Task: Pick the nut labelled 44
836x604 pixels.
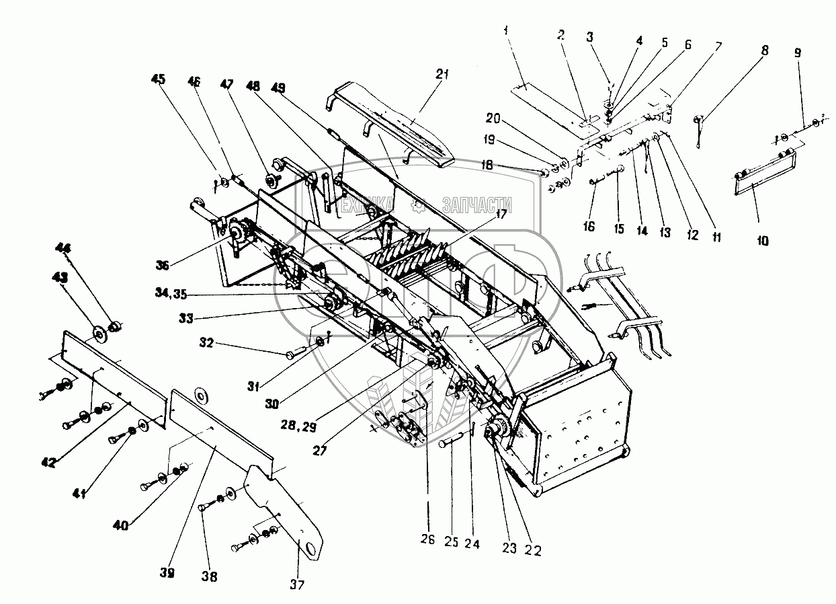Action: pyautogui.click(x=114, y=326)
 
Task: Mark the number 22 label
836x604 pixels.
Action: pyautogui.click(x=531, y=550)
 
